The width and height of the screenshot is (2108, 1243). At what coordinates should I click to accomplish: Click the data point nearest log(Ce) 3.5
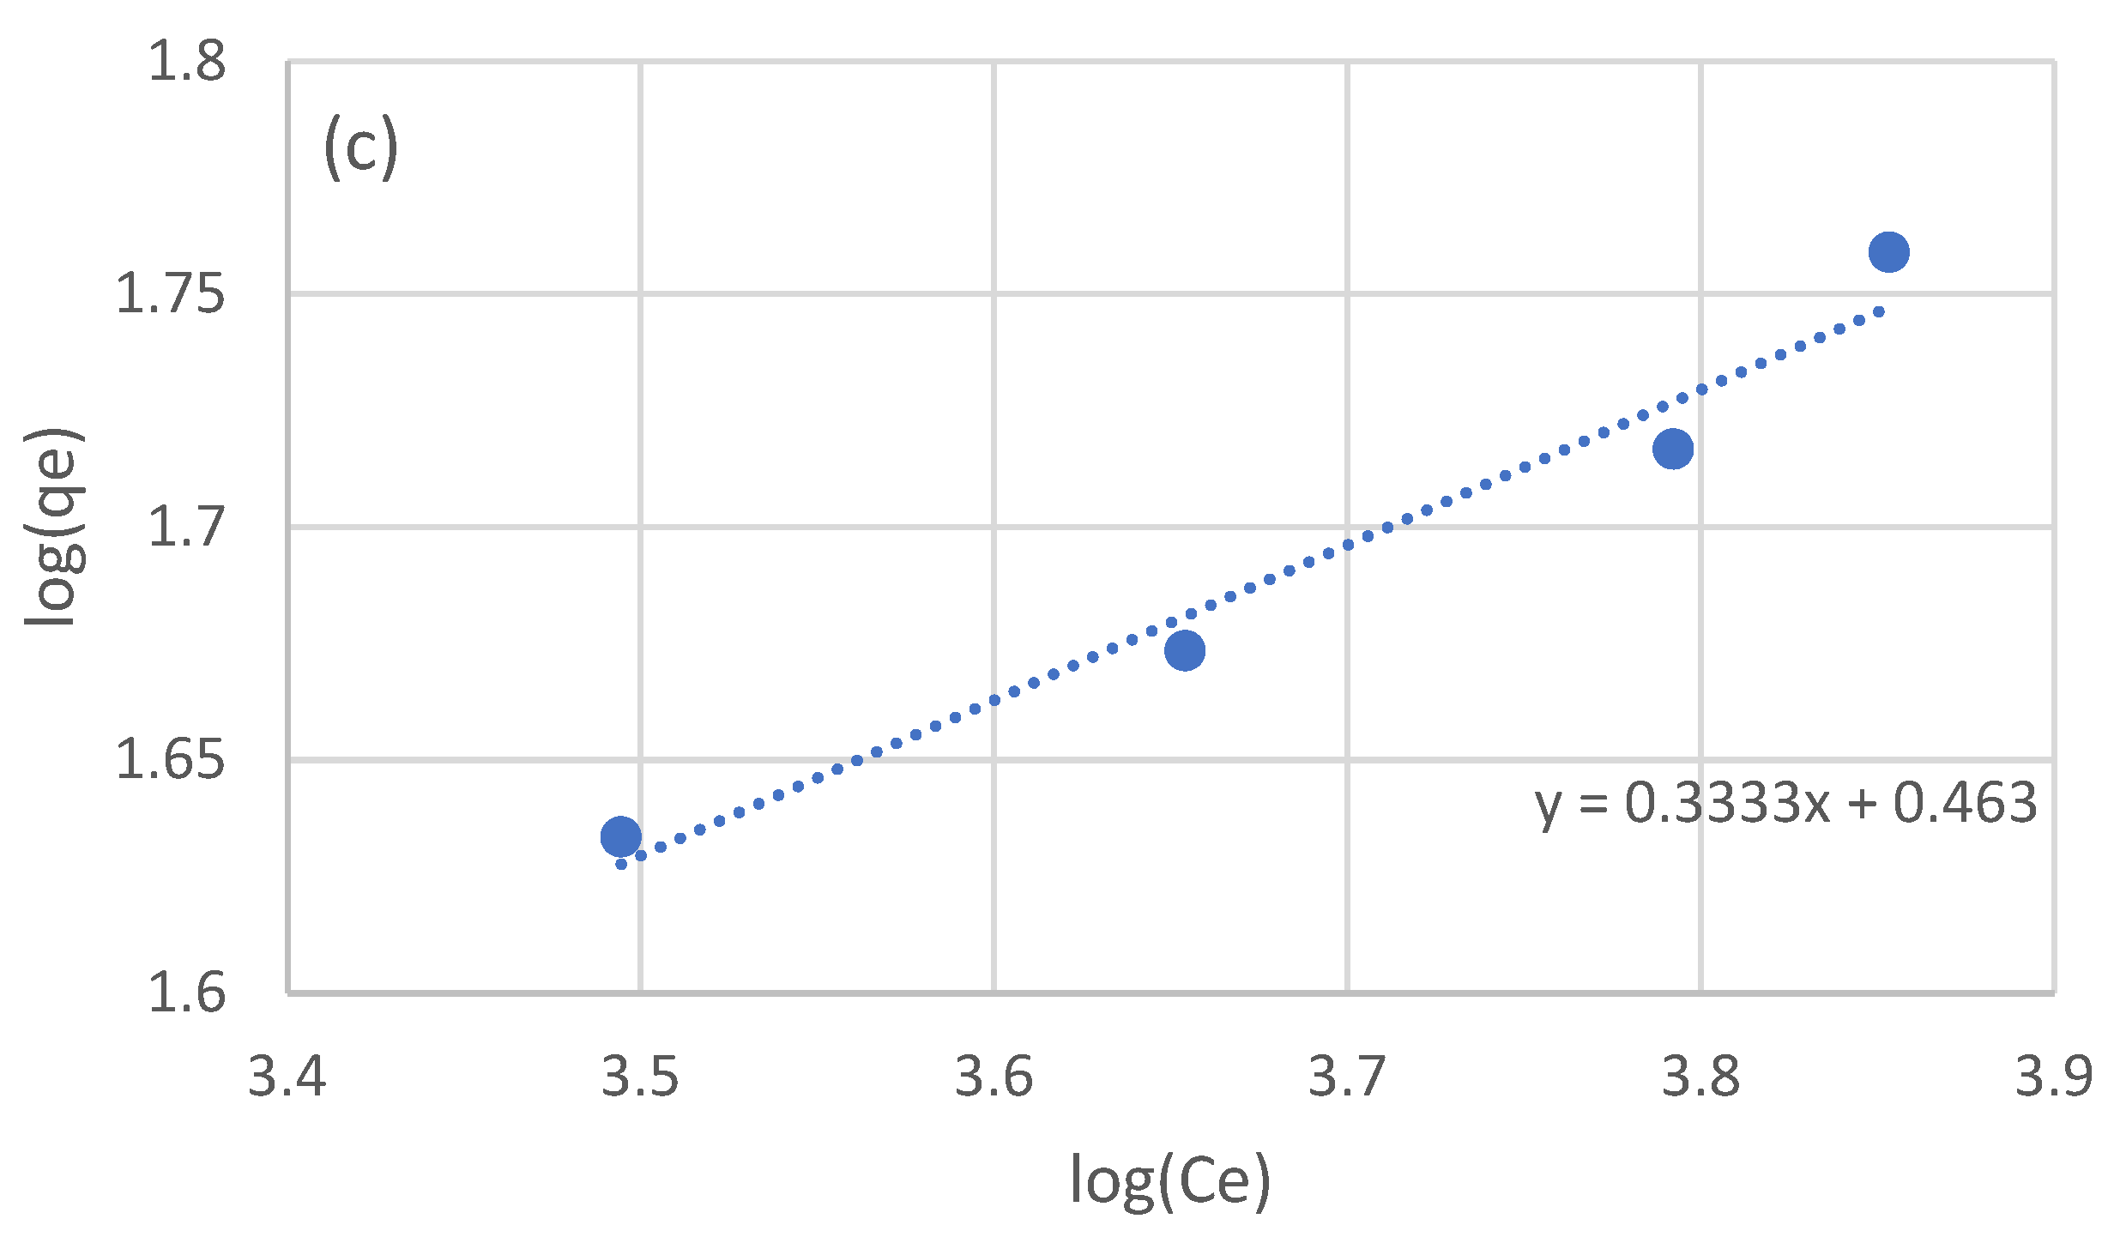point(620,836)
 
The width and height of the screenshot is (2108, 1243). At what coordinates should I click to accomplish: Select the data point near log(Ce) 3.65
point(1184,650)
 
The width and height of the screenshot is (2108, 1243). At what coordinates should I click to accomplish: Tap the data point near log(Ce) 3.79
point(1672,449)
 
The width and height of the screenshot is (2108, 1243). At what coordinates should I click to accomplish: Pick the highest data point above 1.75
point(1888,252)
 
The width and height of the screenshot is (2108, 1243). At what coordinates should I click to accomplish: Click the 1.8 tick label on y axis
point(187,62)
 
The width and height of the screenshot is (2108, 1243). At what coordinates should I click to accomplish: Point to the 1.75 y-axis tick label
point(170,294)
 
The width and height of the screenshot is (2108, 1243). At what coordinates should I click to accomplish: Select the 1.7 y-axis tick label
point(187,527)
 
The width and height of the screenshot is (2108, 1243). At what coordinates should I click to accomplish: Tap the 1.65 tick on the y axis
point(170,760)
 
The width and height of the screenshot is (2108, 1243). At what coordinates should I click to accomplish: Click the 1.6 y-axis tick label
point(187,993)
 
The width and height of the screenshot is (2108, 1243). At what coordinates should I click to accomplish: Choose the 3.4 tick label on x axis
point(287,1077)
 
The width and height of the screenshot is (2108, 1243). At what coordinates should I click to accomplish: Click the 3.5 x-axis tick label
point(640,1077)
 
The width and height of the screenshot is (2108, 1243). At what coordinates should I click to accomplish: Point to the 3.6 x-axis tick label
point(994,1077)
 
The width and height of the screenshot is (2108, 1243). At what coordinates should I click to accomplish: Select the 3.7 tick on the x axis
point(1347,1077)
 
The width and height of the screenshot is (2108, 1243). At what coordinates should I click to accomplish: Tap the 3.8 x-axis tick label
point(1700,1077)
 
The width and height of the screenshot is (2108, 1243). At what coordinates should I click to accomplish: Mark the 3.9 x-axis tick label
point(2054,1077)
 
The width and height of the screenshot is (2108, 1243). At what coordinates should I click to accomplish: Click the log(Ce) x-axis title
point(1170,1182)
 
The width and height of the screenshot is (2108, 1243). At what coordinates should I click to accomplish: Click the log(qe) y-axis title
point(53,527)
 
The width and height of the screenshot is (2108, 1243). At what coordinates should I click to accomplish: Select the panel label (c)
point(361,147)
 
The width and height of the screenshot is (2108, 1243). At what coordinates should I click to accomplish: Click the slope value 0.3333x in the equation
point(1727,804)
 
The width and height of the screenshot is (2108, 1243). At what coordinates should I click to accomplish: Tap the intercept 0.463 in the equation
point(1965,804)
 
